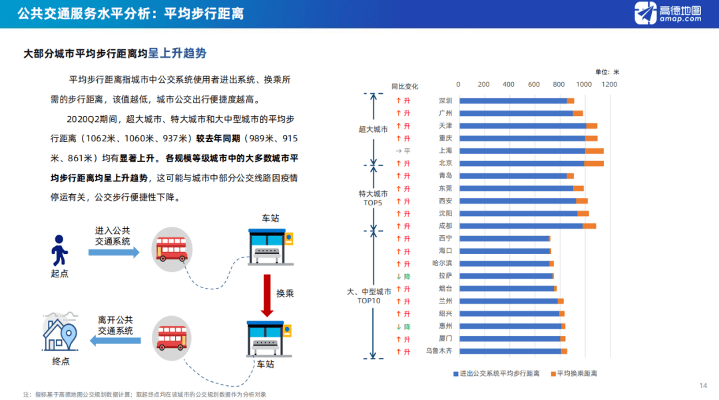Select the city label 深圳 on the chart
[x=445, y=101]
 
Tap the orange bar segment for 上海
[x=594, y=151]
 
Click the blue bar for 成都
[x=521, y=226]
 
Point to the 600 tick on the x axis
[x=534, y=85]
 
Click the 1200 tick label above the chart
[x=609, y=85]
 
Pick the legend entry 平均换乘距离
[x=577, y=373]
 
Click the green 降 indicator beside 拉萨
[x=403, y=276]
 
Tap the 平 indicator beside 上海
[x=403, y=151]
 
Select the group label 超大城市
[x=373, y=129]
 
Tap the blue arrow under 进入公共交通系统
[x=114, y=252]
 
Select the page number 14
[x=703, y=386]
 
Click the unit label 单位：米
[x=607, y=71]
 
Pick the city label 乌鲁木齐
[x=439, y=351]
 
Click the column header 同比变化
[x=405, y=86]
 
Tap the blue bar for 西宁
[x=503, y=239]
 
